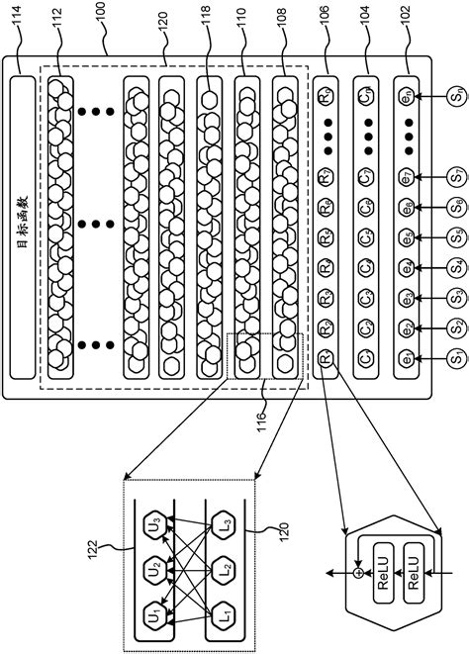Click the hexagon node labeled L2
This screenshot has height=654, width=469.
(x=224, y=571)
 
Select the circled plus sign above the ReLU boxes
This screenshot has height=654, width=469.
(x=357, y=573)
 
